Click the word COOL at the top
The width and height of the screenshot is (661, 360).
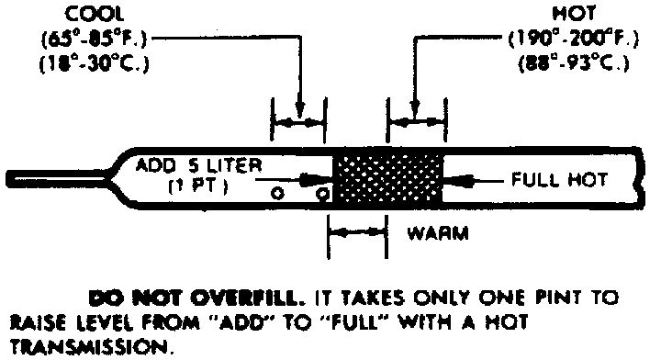(95, 15)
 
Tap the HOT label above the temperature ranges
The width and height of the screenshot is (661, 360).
(574, 15)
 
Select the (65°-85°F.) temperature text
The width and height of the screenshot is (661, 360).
(94, 39)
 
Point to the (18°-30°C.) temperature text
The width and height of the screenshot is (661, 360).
(94, 63)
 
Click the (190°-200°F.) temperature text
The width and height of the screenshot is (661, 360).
(573, 39)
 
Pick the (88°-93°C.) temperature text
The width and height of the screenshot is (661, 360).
(573, 63)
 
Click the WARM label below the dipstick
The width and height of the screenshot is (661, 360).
(438, 233)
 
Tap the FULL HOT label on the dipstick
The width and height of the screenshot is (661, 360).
(559, 180)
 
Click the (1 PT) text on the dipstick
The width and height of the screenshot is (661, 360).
(198, 186)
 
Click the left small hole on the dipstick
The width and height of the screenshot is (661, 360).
(278, 194)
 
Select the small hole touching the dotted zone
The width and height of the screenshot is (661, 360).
(323, 194)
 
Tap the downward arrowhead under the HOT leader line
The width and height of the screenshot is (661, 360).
(415, 108)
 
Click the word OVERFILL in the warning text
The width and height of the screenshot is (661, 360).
(247, 298)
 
